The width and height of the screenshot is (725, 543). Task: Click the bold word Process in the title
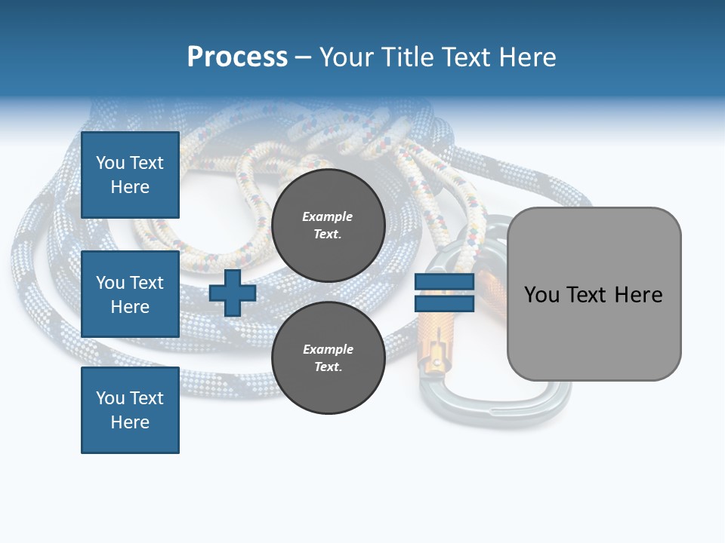coord(237,57)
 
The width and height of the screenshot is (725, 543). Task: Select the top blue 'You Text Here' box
coord(130,175)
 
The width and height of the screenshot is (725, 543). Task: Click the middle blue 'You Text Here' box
coord(130,294)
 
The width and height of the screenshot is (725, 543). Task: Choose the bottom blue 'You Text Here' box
coord(130,410)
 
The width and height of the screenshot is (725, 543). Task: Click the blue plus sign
coord(233,293)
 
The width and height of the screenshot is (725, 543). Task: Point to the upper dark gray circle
coord(328,225)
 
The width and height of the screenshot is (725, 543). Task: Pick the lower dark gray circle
coord(328,357)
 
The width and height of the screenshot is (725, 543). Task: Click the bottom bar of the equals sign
coord(444,303)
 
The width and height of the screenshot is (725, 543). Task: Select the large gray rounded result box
coord(594,294)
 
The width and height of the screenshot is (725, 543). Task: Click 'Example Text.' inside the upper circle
coord(328,225)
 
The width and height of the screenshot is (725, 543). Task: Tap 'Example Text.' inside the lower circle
coord(328,358)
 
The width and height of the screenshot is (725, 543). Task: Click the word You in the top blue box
coord(110,163)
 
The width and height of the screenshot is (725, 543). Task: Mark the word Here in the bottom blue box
coord(130,422)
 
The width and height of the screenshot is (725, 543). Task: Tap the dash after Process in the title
coord(304,57)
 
